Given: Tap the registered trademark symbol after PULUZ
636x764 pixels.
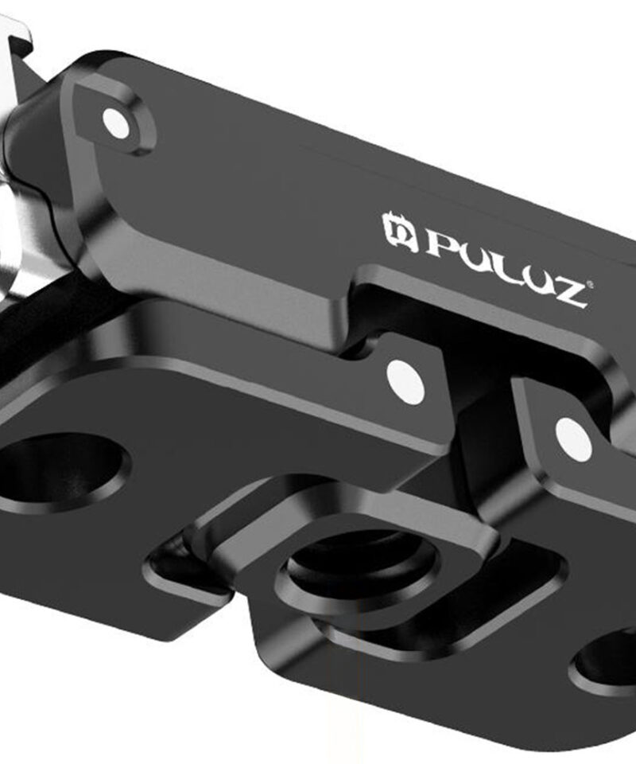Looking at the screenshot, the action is tap(590, 283).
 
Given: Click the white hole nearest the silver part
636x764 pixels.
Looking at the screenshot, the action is tap(117, 122).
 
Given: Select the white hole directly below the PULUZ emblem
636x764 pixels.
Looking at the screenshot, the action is tap(405, 382).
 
